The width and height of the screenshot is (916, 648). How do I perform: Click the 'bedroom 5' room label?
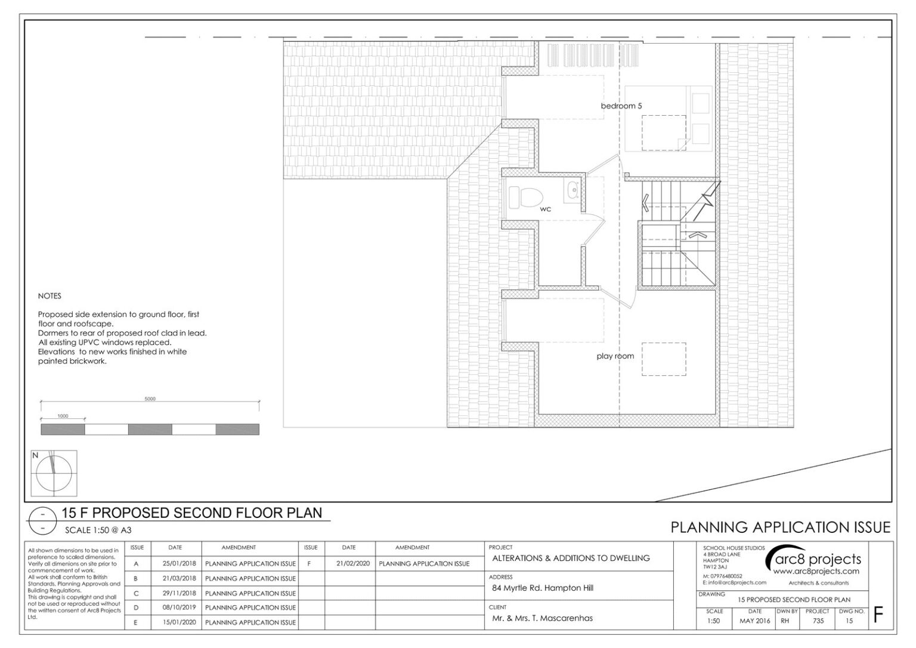click(x=621, y=106)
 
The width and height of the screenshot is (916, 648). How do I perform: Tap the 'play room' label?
click(x=615, y=356)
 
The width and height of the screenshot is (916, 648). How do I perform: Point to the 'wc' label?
click(x=546, y=209)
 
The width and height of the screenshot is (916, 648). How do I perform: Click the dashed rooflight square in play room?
click(x=664, y=359)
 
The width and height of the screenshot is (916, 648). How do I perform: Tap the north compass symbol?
click(x=54, y=473)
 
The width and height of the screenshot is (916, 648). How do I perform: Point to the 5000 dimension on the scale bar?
click(x=150, y=399)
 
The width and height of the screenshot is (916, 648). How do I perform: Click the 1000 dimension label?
click(x=63, y=416)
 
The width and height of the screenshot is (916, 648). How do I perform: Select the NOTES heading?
click(x=49, y=296)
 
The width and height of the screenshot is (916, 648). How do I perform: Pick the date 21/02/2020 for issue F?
click(x=353, y=563)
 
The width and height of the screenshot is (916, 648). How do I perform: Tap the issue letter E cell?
click(x=136, y=622)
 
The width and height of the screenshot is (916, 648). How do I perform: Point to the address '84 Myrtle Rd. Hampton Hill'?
click(x=543, y=588)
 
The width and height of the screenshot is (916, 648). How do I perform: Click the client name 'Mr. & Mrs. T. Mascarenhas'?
click(x=542, y=618)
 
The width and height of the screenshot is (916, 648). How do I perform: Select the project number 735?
click(x=818, y=621)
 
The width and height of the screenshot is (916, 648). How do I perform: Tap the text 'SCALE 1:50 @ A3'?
click(x=98, y=530)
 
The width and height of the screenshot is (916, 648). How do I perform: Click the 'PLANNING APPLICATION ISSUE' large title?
click(x=781, y=527)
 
